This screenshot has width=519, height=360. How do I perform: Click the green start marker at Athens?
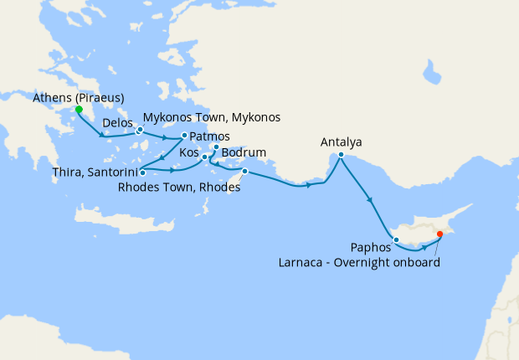[x=79, y=110]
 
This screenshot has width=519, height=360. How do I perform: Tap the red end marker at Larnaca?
[x=439, y=246]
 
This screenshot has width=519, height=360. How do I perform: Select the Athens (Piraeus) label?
[x=79, y=98]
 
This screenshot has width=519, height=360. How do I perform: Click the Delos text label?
[x=117, y=124]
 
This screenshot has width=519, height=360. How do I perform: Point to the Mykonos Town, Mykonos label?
[x=212, y=117]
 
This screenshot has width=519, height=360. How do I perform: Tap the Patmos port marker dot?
[x=184, y=136]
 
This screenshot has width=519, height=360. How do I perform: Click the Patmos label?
[x=209, y=136]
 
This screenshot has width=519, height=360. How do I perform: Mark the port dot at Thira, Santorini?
[x=143, y=172]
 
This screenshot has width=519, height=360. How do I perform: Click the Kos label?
[x=188, y=155]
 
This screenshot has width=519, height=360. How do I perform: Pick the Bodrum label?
[x=244, y=153]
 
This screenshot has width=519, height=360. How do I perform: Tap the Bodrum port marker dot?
[x=216, y=148]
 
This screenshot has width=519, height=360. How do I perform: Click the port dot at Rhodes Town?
[x=244, y=172]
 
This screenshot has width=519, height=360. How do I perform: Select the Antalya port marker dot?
[x=342, y=155]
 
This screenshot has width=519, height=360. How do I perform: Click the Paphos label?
[x=373, y=249]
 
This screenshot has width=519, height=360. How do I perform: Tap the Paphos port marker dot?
[x=395, y=241]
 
